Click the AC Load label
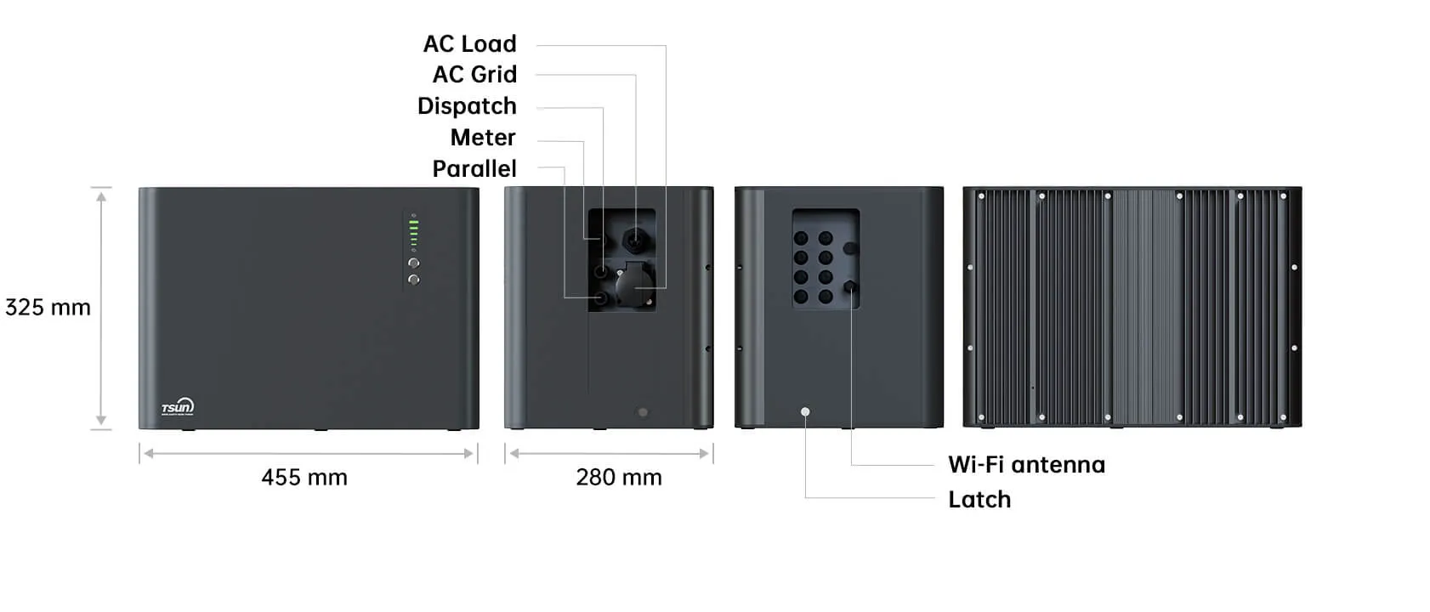pos(469,44)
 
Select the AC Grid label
pos(474,75)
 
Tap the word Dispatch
pos(467,106)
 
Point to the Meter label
pos(483,138)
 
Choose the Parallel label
pos(474,169)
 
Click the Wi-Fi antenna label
pos(1026,465)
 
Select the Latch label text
pos(979,500)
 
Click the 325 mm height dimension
pos(48,308)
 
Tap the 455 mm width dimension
pos(304,478)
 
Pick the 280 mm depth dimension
pos(619,478)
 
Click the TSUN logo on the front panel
pos(178,407)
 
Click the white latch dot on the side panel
pos(805,412)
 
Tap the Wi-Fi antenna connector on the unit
pos(850,287)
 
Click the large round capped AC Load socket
pos(635,286)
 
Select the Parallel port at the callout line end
pos(601,297)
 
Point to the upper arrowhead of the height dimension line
pos(101,196)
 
